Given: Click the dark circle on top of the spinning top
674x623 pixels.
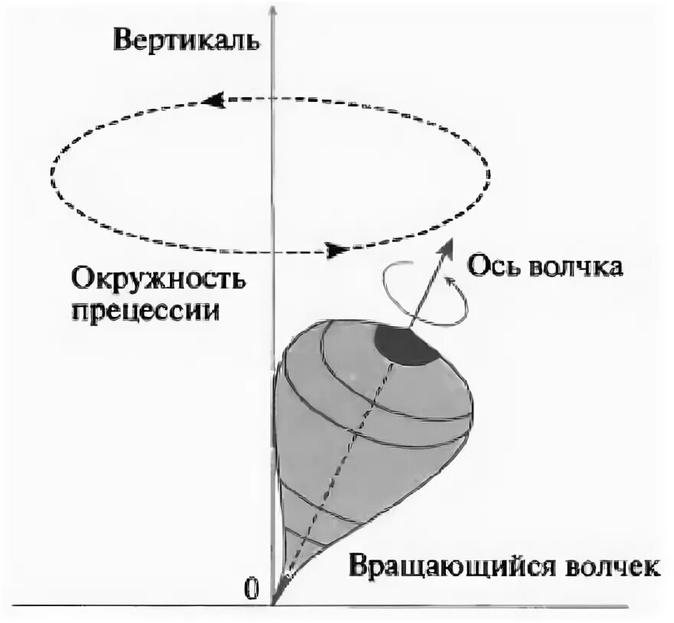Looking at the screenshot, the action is (x=407, y=345).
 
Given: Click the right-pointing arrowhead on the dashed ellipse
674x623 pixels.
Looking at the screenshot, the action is (x=335, y=250).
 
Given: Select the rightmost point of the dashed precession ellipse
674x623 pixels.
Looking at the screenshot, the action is (x=489, y=175).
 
